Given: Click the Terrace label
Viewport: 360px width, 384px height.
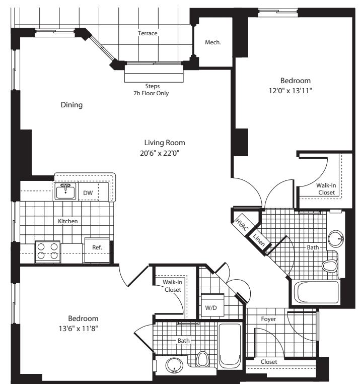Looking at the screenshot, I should pyautogui.click(x=148, y=33).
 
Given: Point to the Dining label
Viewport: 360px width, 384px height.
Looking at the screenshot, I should pyautogui.click(x=71, y=105).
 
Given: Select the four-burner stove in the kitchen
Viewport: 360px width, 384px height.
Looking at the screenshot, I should pyautogui.click(x=47, y=251).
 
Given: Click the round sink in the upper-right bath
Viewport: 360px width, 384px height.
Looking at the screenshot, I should pyautogui.click(x=335, y=237).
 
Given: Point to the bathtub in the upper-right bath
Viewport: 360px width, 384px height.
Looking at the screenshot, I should pyautogui.click(x=316, y=292).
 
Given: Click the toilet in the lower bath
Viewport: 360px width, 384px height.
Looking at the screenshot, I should pyautogui.click(x=203, y=360).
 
